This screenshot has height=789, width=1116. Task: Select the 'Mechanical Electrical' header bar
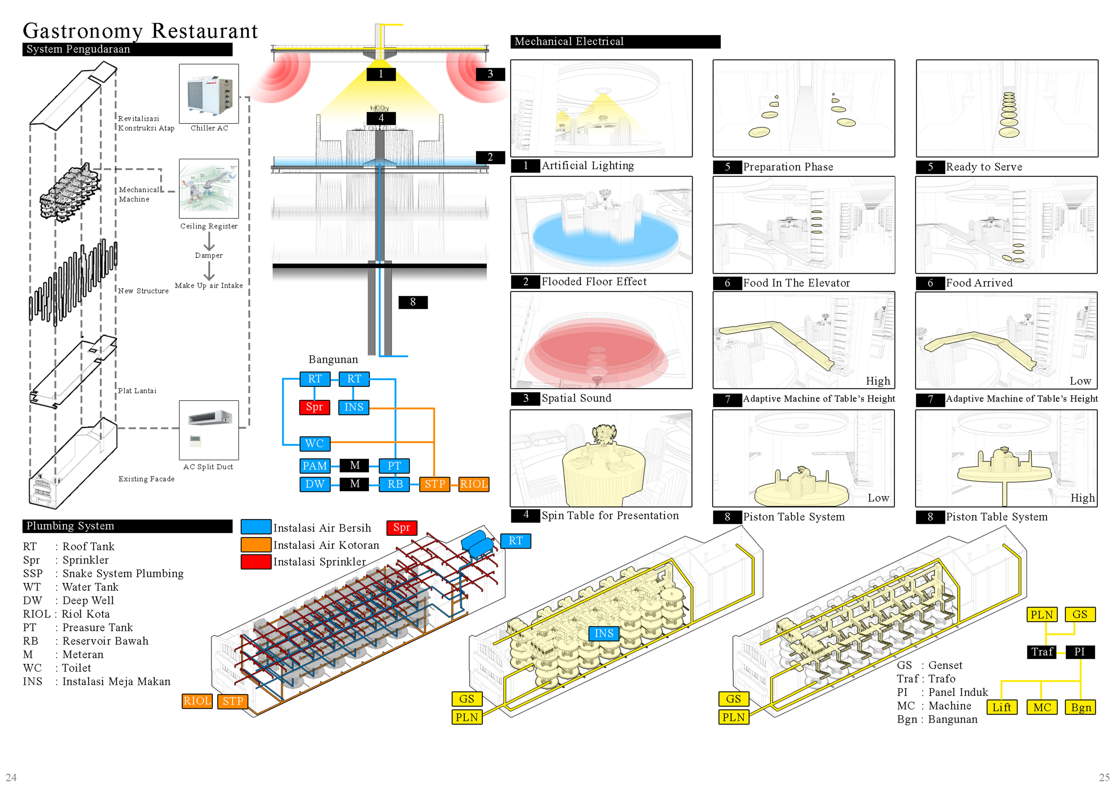click(x=615, y=42)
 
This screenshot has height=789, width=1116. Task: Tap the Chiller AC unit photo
click(x=209, y=94)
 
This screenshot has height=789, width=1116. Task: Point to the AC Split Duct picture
click(x=209, y=430)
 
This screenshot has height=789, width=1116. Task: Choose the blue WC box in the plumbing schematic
click(x=314, y=444)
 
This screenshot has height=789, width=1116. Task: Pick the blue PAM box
click(x=314, y=466)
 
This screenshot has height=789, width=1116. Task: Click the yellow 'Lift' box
click(x=1001, y=707)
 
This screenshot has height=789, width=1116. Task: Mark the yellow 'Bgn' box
click(x=1080, y=707)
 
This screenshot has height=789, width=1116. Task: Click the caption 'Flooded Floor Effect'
click(x=594, y=282)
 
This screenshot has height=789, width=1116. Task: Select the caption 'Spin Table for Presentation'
click(x=610, y=516)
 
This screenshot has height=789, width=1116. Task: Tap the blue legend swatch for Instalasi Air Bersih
click(x=256, y=527)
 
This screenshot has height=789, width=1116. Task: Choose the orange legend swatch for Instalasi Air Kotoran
click(x=256, y=545)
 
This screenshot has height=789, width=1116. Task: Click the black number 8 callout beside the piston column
click(x=413, y=302)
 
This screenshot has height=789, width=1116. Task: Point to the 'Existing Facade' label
click(x=146, y=479)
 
